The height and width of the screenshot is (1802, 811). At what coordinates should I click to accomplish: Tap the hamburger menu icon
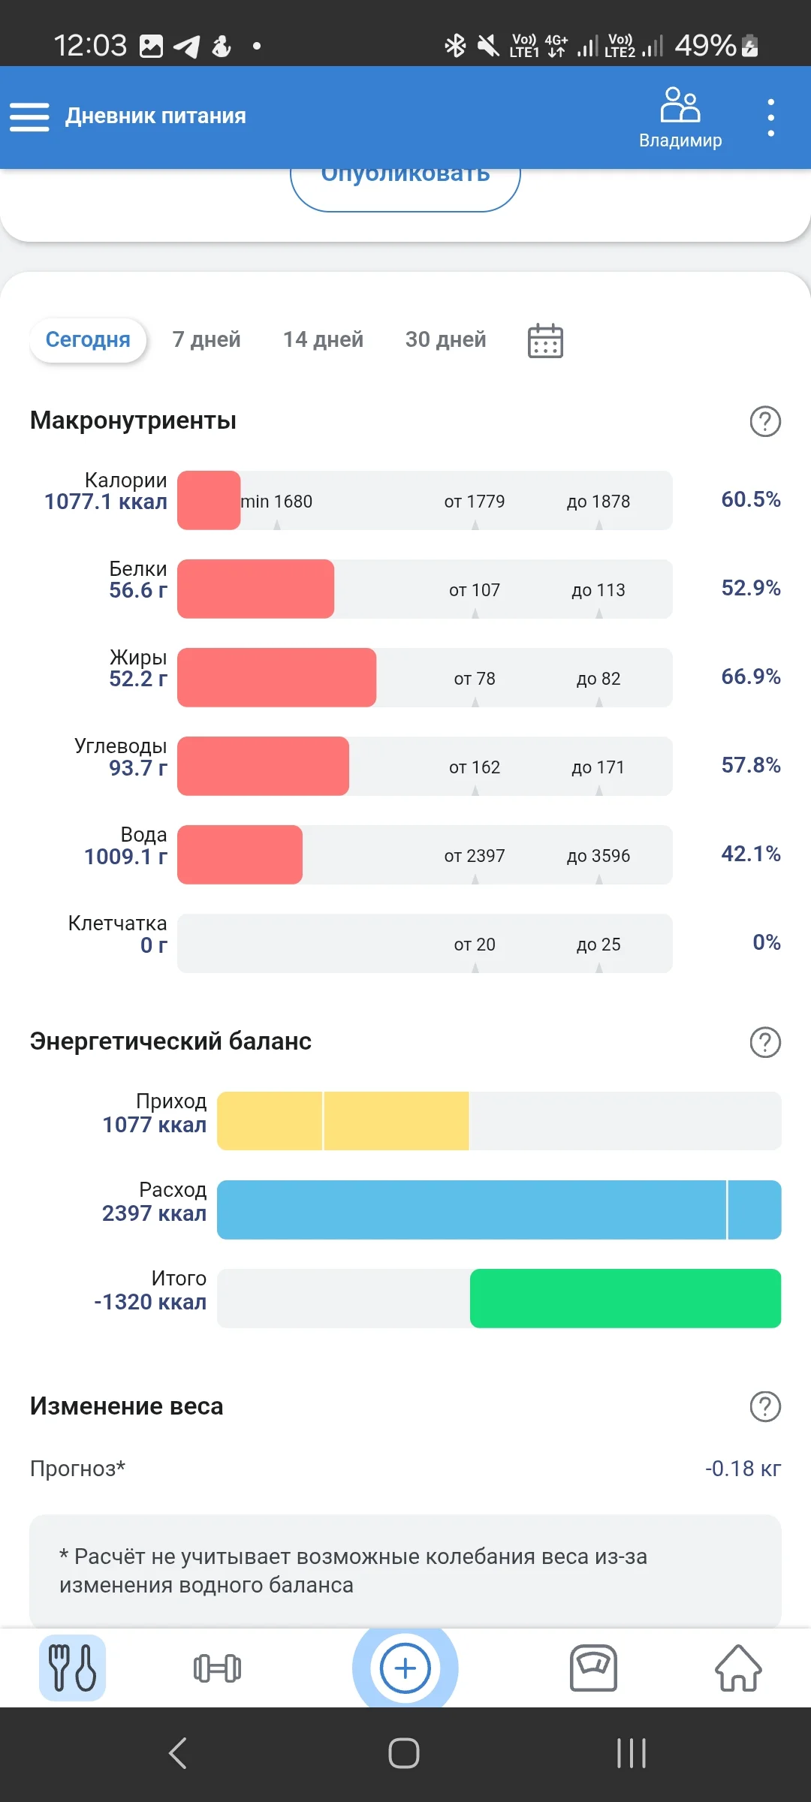tap(29, 117)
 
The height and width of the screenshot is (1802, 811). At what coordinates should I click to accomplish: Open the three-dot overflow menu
tap(770, 117)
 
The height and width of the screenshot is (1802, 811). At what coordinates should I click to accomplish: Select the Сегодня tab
tap(88, 340)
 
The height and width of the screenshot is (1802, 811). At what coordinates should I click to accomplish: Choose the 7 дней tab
tap(207, 340)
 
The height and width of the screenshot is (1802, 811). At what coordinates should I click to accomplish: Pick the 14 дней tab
tap(323, 340)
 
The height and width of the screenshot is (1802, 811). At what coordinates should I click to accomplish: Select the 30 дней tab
tap(445, 340)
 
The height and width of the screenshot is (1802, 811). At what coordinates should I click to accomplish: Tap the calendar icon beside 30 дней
tap(545, 341)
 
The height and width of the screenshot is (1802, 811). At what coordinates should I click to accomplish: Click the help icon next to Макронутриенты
tap(765, 421)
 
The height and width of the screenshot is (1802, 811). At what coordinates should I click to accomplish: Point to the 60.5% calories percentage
tap(750, 500)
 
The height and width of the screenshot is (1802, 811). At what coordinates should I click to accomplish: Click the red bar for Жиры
tap(276, 677)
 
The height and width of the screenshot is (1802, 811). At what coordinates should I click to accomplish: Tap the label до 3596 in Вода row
tap(598, 856)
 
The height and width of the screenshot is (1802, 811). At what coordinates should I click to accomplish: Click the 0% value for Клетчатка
tap(766, 943)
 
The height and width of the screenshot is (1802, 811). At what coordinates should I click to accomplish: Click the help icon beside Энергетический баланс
tap(765, 1042)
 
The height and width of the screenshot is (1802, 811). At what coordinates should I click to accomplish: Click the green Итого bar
tap(625, 1298)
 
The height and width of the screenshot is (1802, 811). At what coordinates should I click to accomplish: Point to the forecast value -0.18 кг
tap(743, 1469)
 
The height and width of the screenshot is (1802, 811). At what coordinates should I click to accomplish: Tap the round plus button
tap(405, 1668)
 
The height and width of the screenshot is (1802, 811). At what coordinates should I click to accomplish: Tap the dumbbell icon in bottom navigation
tap(217, 1668)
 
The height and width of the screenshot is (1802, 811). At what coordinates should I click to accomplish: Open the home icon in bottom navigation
tap(738, 1668)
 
